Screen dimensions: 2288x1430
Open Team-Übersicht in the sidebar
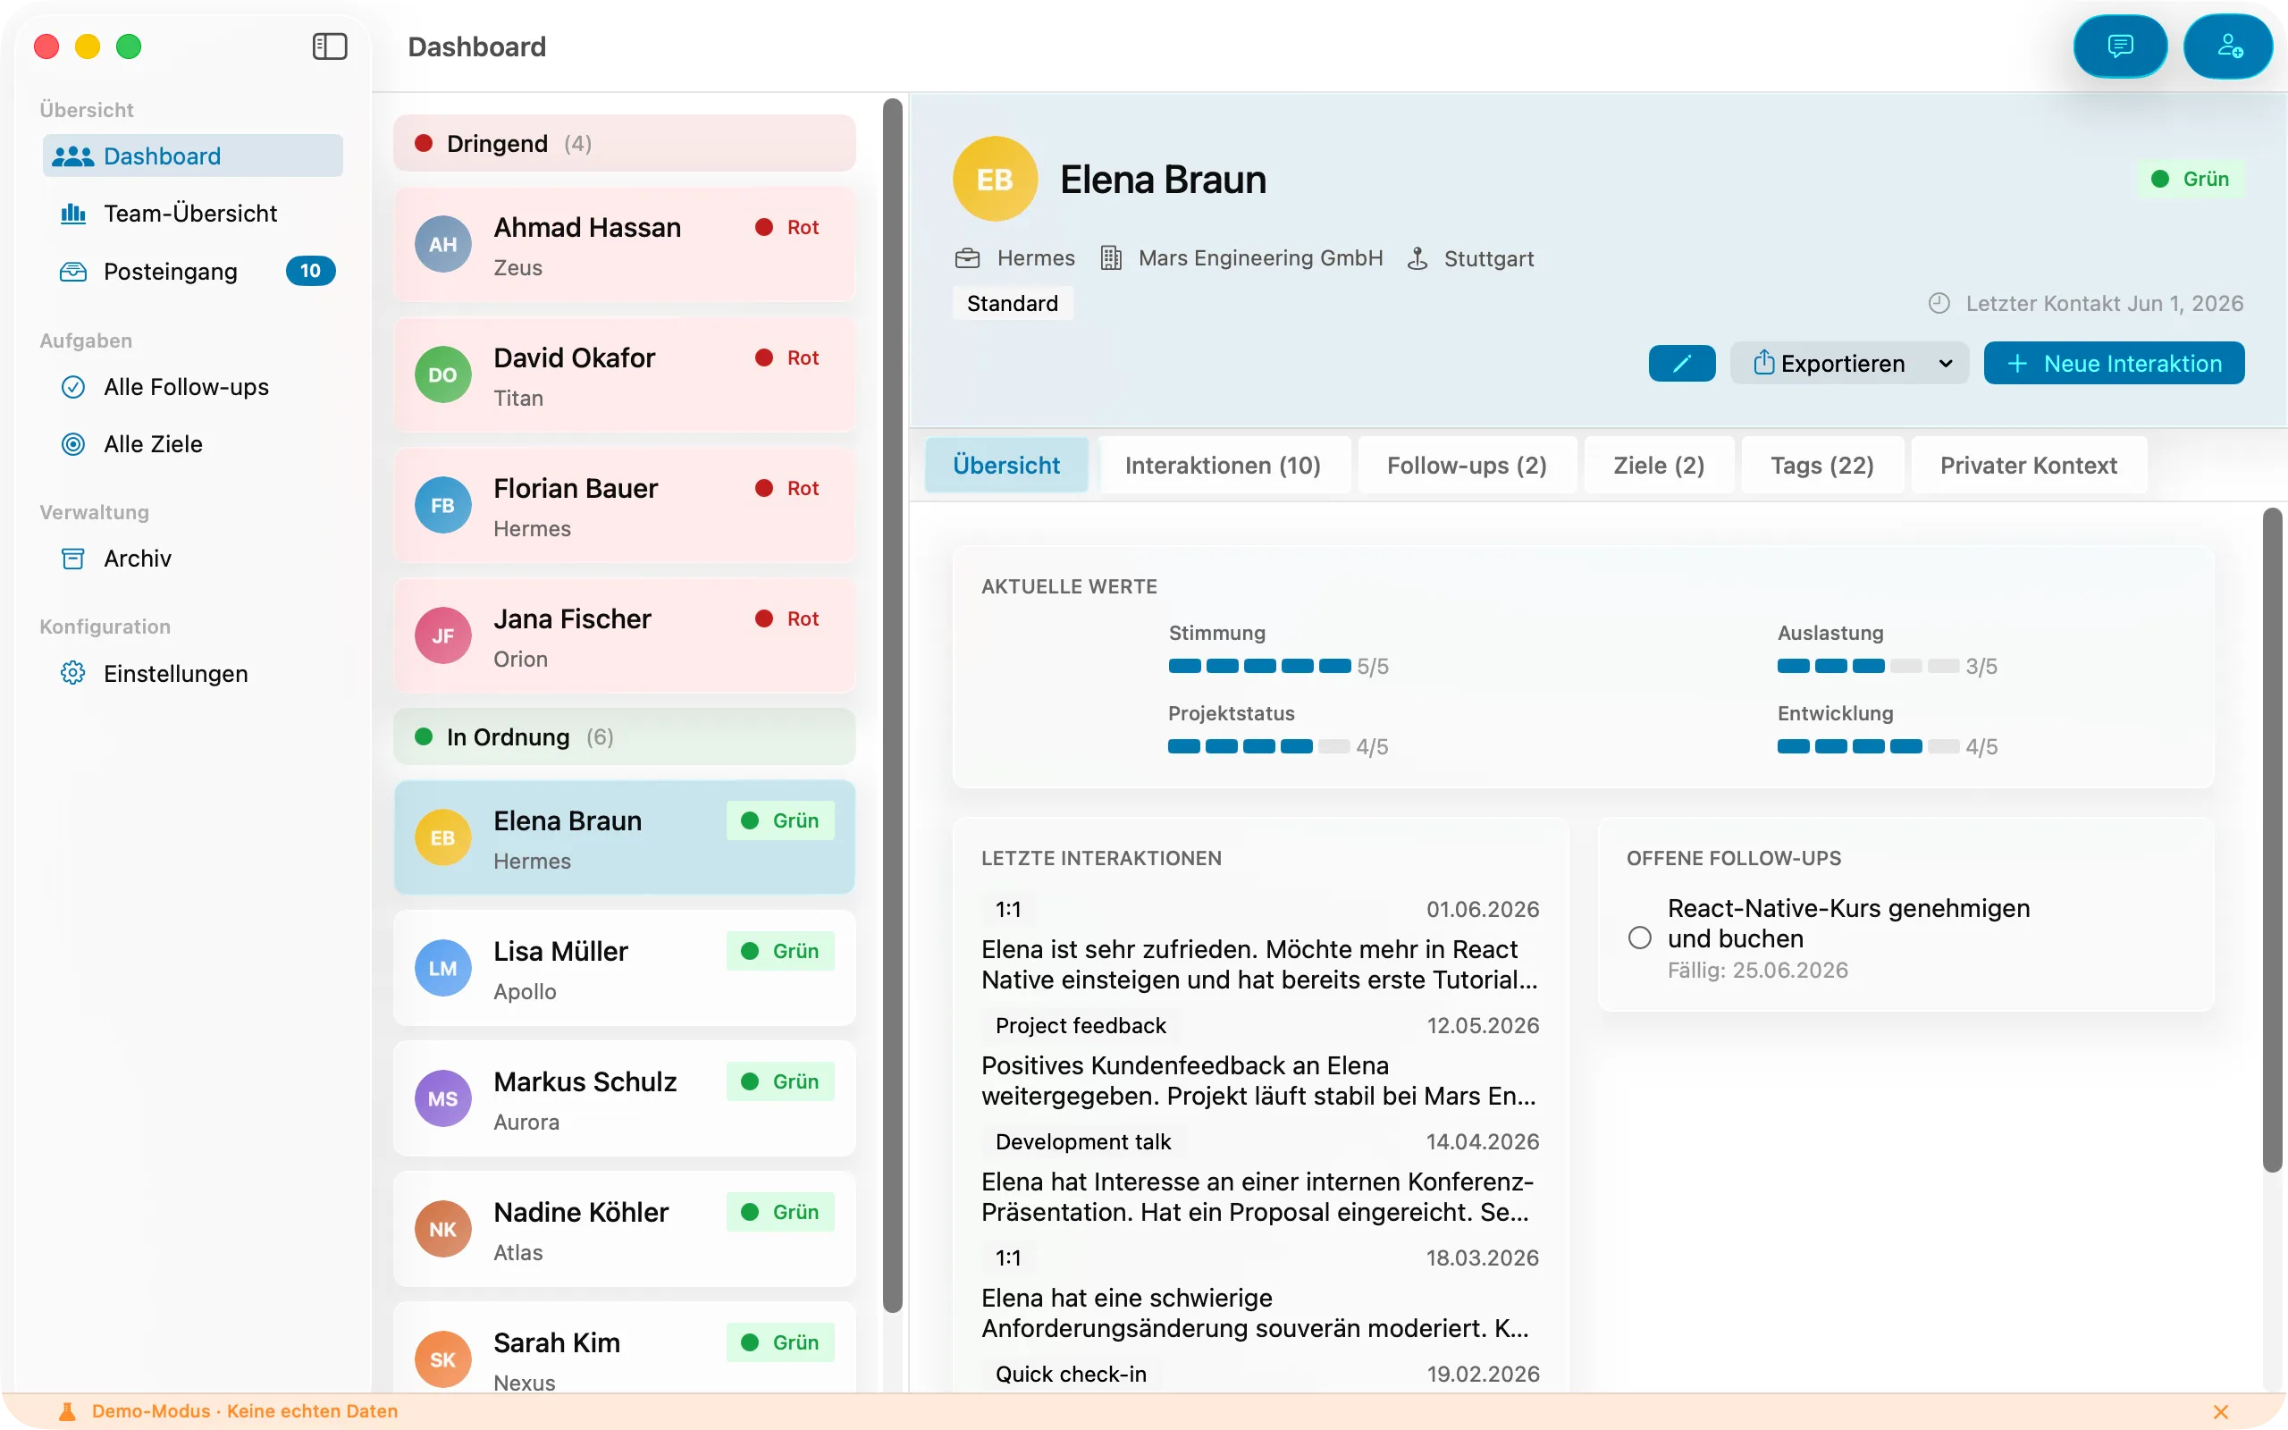click(x=190, y=214)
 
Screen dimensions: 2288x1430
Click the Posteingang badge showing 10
click(x=310, y=272)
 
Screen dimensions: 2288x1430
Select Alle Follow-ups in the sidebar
click(x=186, y=387)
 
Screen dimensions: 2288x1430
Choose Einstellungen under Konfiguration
click(x=176, y=673)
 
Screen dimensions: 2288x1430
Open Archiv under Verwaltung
click(x=137, y=558)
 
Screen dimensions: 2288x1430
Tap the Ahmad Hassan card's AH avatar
click(x=442, y=245)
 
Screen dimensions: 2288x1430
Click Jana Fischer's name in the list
click(x=572, y=618)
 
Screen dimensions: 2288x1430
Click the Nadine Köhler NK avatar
click(x=442, y=1230)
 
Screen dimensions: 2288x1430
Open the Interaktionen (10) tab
click(x=1223, y=466)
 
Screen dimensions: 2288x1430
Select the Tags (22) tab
click(x=1821, y=466)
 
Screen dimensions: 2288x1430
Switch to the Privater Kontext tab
click(x=2028, y=466)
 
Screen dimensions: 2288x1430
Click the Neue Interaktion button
click(x=2114, y=363)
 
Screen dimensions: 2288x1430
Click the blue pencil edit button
click(x=1682, y=363)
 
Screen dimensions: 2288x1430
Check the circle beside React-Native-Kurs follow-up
click(x=1639, y=938)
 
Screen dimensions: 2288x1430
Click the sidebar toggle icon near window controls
click(x=330, y=46)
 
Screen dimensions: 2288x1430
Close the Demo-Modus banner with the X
click(x=2221, y=1411)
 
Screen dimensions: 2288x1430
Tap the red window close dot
click(x=46, y=46)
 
